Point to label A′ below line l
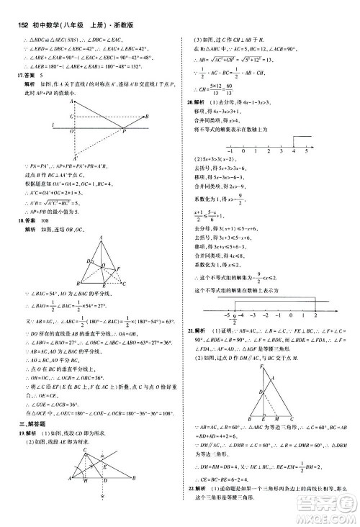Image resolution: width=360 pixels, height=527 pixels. pos(76,156)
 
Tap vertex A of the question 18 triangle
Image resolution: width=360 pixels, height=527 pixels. pos(102,257)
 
